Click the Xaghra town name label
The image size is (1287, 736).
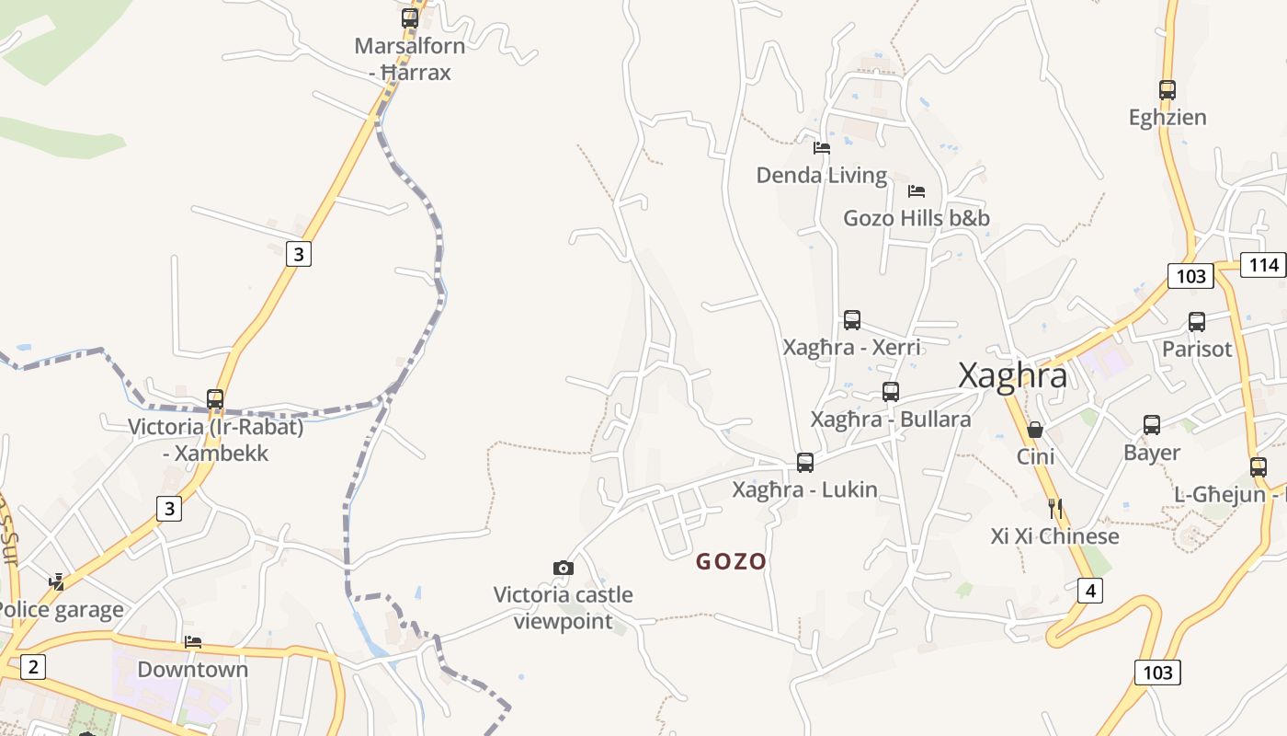(1012, 375)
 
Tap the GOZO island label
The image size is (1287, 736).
(731, 561)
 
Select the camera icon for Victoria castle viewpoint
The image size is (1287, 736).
(564, 568)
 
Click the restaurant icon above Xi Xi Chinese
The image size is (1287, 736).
(1054, 508)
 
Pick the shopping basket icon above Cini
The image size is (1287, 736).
(1035, 430)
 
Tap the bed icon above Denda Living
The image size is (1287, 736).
(822, 147)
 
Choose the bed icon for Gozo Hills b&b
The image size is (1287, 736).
(917, 191)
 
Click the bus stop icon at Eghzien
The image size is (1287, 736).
(1167, 90)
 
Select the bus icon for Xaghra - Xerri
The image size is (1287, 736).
(852, 320)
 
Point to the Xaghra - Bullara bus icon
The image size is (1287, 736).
(890, 392)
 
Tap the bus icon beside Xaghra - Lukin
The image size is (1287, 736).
(805, 463)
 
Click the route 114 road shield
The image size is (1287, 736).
(1263, 265)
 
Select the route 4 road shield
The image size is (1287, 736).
(1090, 590)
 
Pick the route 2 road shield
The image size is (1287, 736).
(32, 666)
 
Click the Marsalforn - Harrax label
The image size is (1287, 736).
(410, 59)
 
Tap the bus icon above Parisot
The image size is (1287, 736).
(1197, 322)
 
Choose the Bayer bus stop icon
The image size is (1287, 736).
(1152, 425)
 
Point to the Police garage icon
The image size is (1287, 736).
(57, 582)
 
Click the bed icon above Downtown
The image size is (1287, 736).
(193, 642)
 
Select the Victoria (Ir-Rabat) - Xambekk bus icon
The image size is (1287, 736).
(215, 399)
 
